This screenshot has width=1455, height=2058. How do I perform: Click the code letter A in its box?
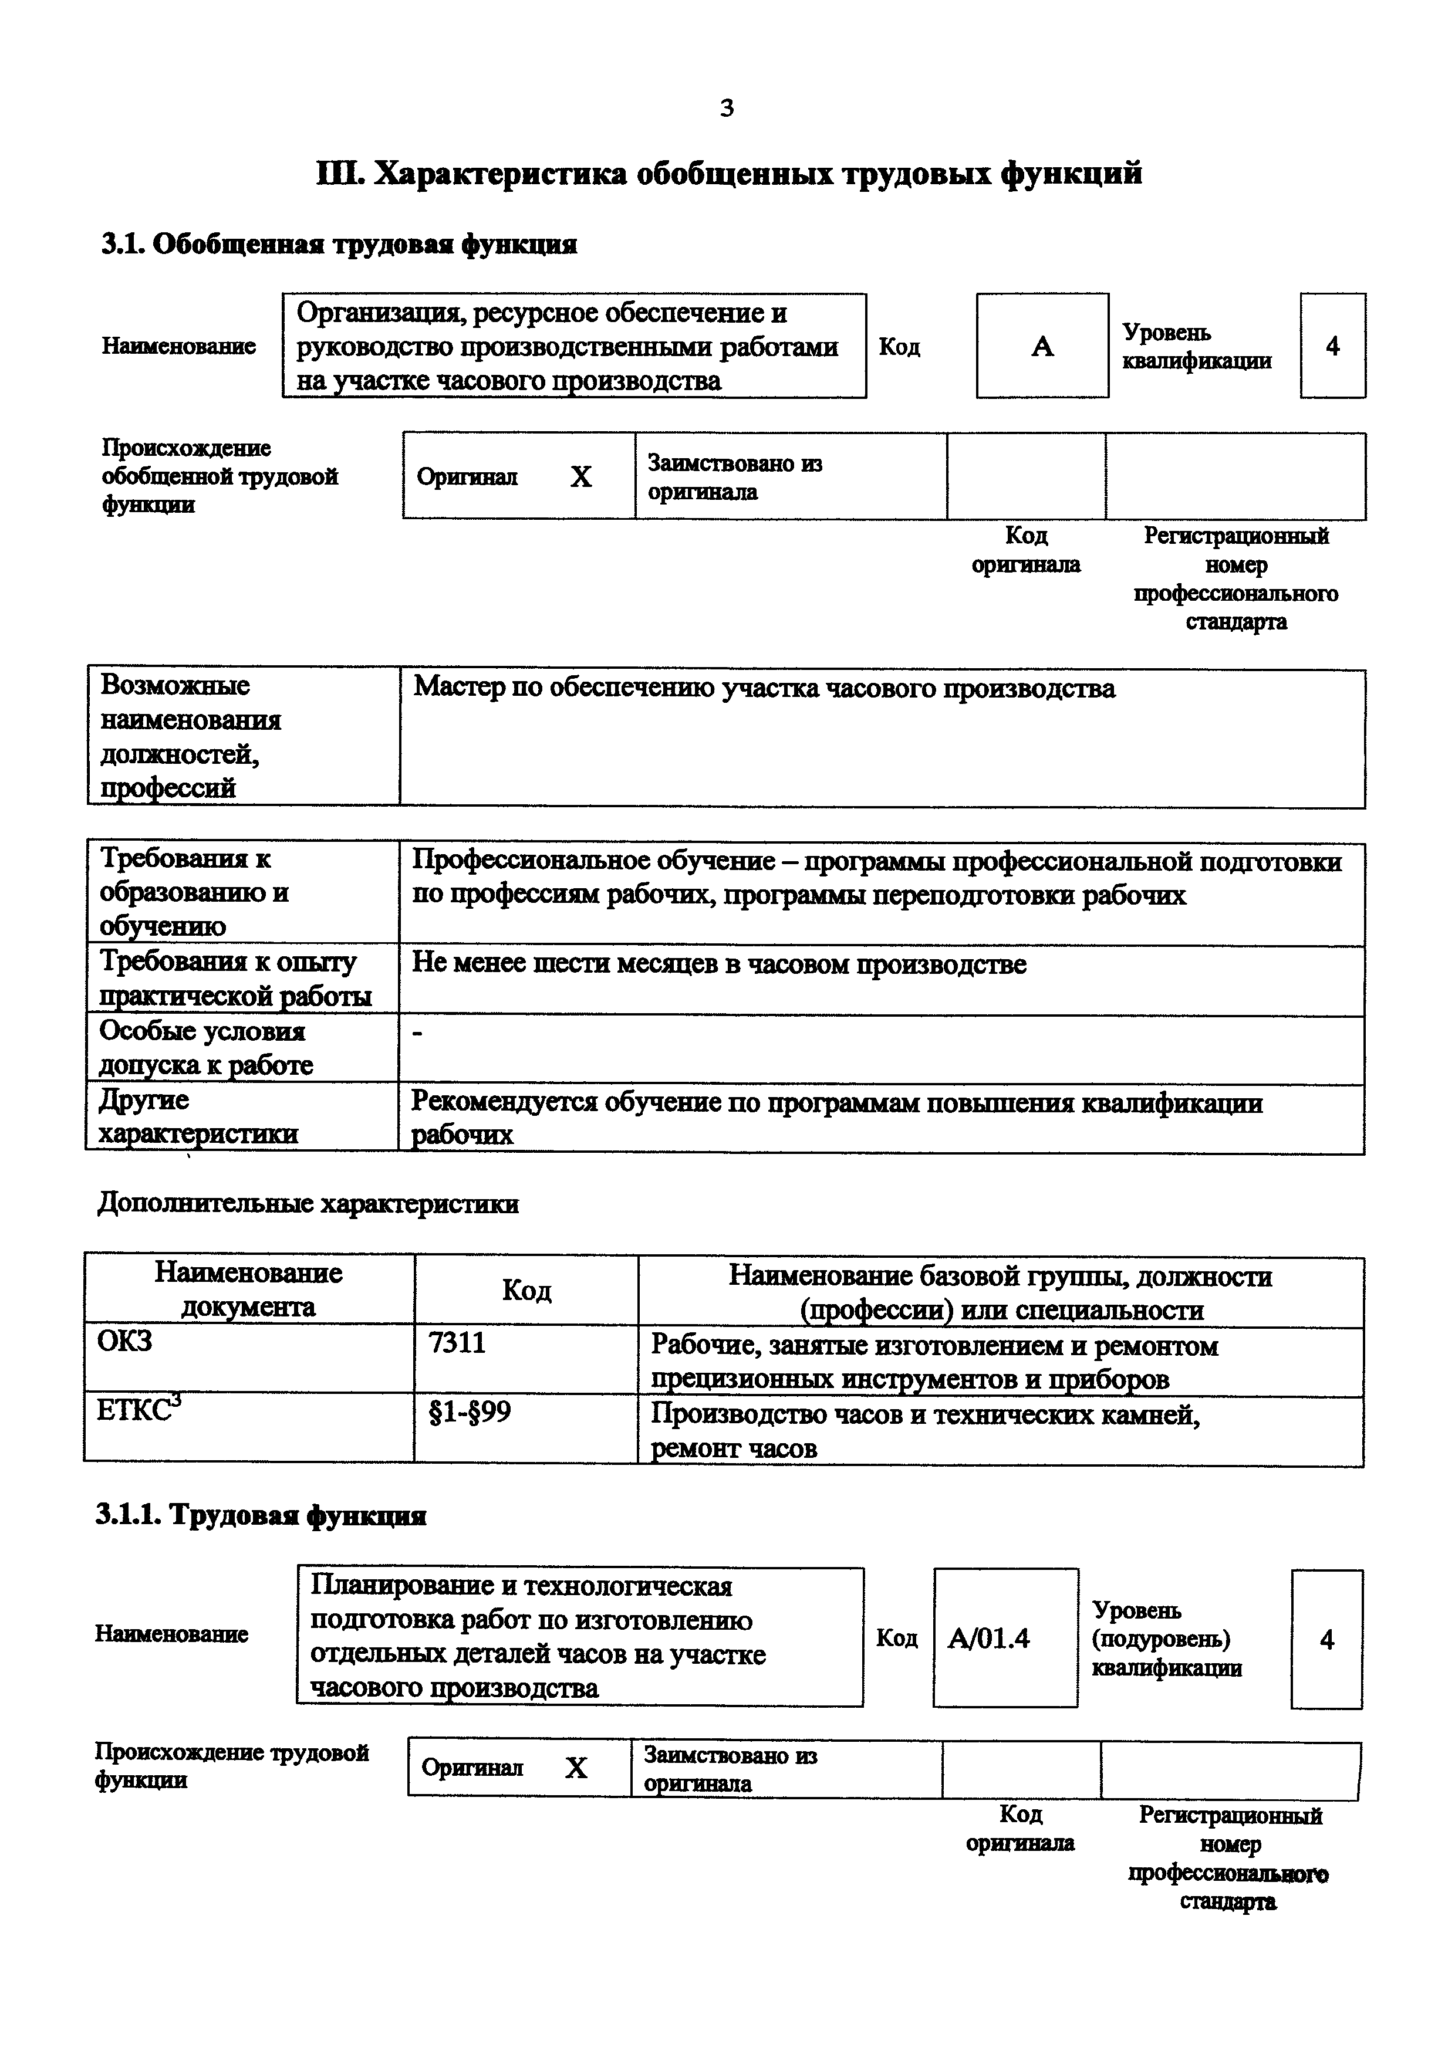coord(1042,346)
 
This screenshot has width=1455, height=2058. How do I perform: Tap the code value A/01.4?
coord(989,1639)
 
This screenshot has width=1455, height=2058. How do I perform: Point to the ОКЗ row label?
coord(124,1341)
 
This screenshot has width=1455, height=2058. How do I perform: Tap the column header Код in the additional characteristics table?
coord(526,1290)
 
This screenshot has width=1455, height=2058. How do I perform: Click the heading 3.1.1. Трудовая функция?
coord(261,1515)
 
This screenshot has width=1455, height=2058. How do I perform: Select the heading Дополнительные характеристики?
coord(308,1203)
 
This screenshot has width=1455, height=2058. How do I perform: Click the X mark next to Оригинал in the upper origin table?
coord(581,477)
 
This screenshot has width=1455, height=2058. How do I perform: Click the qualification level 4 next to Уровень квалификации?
coord(1332,346)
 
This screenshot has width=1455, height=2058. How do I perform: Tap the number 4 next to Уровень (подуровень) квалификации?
coord(1327,1639)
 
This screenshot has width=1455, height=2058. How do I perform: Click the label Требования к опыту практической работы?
coord(235,978)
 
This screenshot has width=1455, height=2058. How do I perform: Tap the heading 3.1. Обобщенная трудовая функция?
coord(339,244)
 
